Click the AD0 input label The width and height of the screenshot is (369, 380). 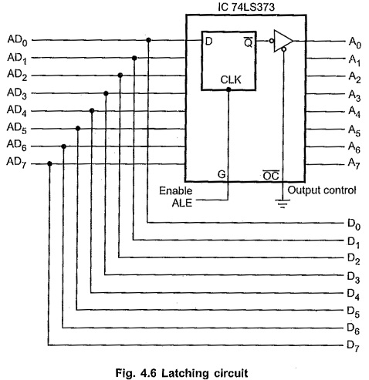17,41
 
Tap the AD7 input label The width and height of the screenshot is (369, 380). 17,163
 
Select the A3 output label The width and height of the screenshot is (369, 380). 354,96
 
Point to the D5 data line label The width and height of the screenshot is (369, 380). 354,312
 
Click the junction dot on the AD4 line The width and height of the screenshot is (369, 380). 92,111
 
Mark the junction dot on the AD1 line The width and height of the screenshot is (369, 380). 134,58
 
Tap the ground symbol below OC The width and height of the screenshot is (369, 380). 283,203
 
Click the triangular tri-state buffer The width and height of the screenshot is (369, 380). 283,41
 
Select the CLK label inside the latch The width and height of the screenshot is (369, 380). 231,80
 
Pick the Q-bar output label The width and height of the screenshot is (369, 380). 248,42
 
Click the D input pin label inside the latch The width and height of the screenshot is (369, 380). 208,42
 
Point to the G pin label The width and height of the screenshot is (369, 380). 222,174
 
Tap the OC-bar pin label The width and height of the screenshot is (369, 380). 271,176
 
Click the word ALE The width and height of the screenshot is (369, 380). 182,203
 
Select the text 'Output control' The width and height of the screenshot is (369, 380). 322,190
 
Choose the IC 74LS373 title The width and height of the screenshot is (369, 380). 246,7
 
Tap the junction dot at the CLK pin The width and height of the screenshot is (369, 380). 229,89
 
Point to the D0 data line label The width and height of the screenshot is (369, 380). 354,224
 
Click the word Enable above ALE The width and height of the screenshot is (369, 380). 176,191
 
